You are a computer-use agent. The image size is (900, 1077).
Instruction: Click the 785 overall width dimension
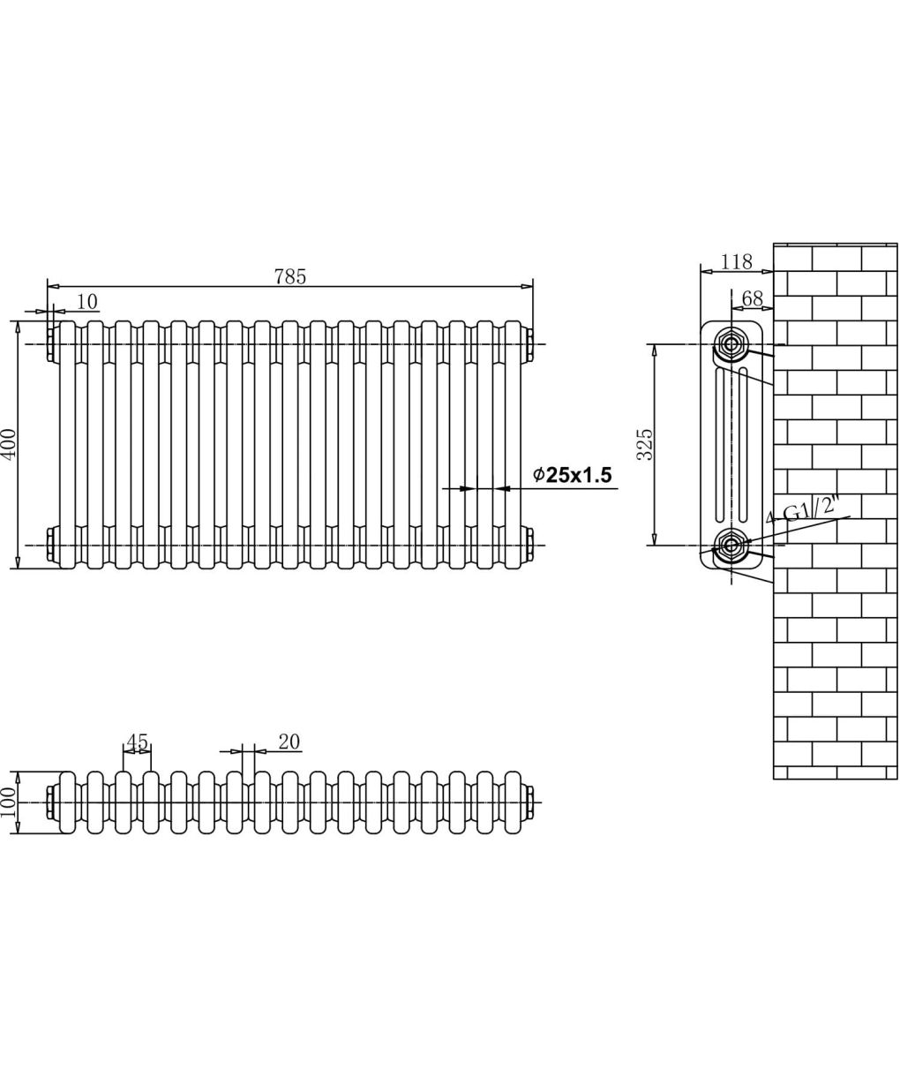coord(289,276)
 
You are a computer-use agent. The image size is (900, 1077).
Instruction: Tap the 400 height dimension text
coord(11,443)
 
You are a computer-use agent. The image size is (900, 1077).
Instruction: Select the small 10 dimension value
coord(87,302)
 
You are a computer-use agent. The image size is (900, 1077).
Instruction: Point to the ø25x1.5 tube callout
coord(572,474)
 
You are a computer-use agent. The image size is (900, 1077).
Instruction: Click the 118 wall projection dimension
coord(736,262)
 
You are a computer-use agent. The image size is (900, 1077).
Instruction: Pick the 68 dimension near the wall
coord(752,298)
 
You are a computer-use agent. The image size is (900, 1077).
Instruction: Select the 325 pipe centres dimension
coord(645,444)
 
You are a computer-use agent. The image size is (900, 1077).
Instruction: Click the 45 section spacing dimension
coord(137,742)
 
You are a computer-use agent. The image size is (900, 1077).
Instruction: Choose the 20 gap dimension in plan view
coord(289,742)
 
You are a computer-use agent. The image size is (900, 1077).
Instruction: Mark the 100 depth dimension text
coord(9,802)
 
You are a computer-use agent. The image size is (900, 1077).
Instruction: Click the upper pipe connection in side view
coord(731,343)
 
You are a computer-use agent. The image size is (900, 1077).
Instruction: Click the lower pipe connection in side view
coord(731,545)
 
